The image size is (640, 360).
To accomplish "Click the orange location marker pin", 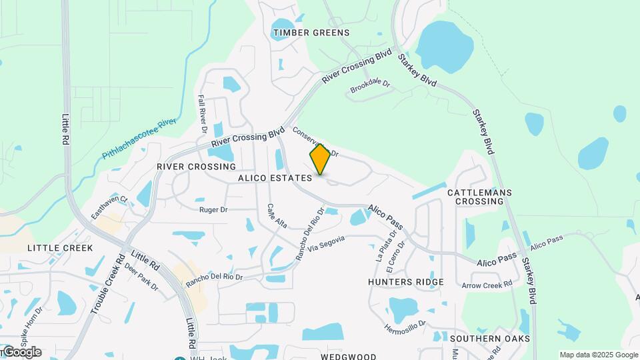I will (321, 159).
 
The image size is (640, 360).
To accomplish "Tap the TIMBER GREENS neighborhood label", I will (311, 33).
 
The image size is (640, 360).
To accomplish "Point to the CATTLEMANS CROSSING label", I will (479, 197).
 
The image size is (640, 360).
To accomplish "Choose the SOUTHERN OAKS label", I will (490, 339).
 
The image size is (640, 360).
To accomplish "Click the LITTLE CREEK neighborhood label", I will (61, 247).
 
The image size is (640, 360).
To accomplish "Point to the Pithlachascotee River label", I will (139, 139).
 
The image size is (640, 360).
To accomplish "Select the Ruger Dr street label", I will (213, 209).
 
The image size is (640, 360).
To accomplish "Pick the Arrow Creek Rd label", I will (487, 285).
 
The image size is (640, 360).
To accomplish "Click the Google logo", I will (21, 351).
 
